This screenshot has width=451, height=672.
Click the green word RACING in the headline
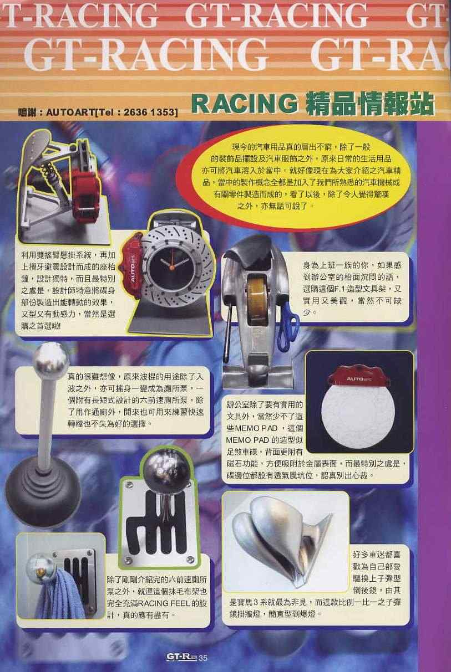tap(244, 103)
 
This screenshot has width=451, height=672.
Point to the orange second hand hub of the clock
tap(171, 266)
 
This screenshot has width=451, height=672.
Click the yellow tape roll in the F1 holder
tap(257, 301)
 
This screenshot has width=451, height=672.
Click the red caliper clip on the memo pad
tap(359, 376)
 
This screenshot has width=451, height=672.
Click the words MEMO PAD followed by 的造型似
tap(264, 440)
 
